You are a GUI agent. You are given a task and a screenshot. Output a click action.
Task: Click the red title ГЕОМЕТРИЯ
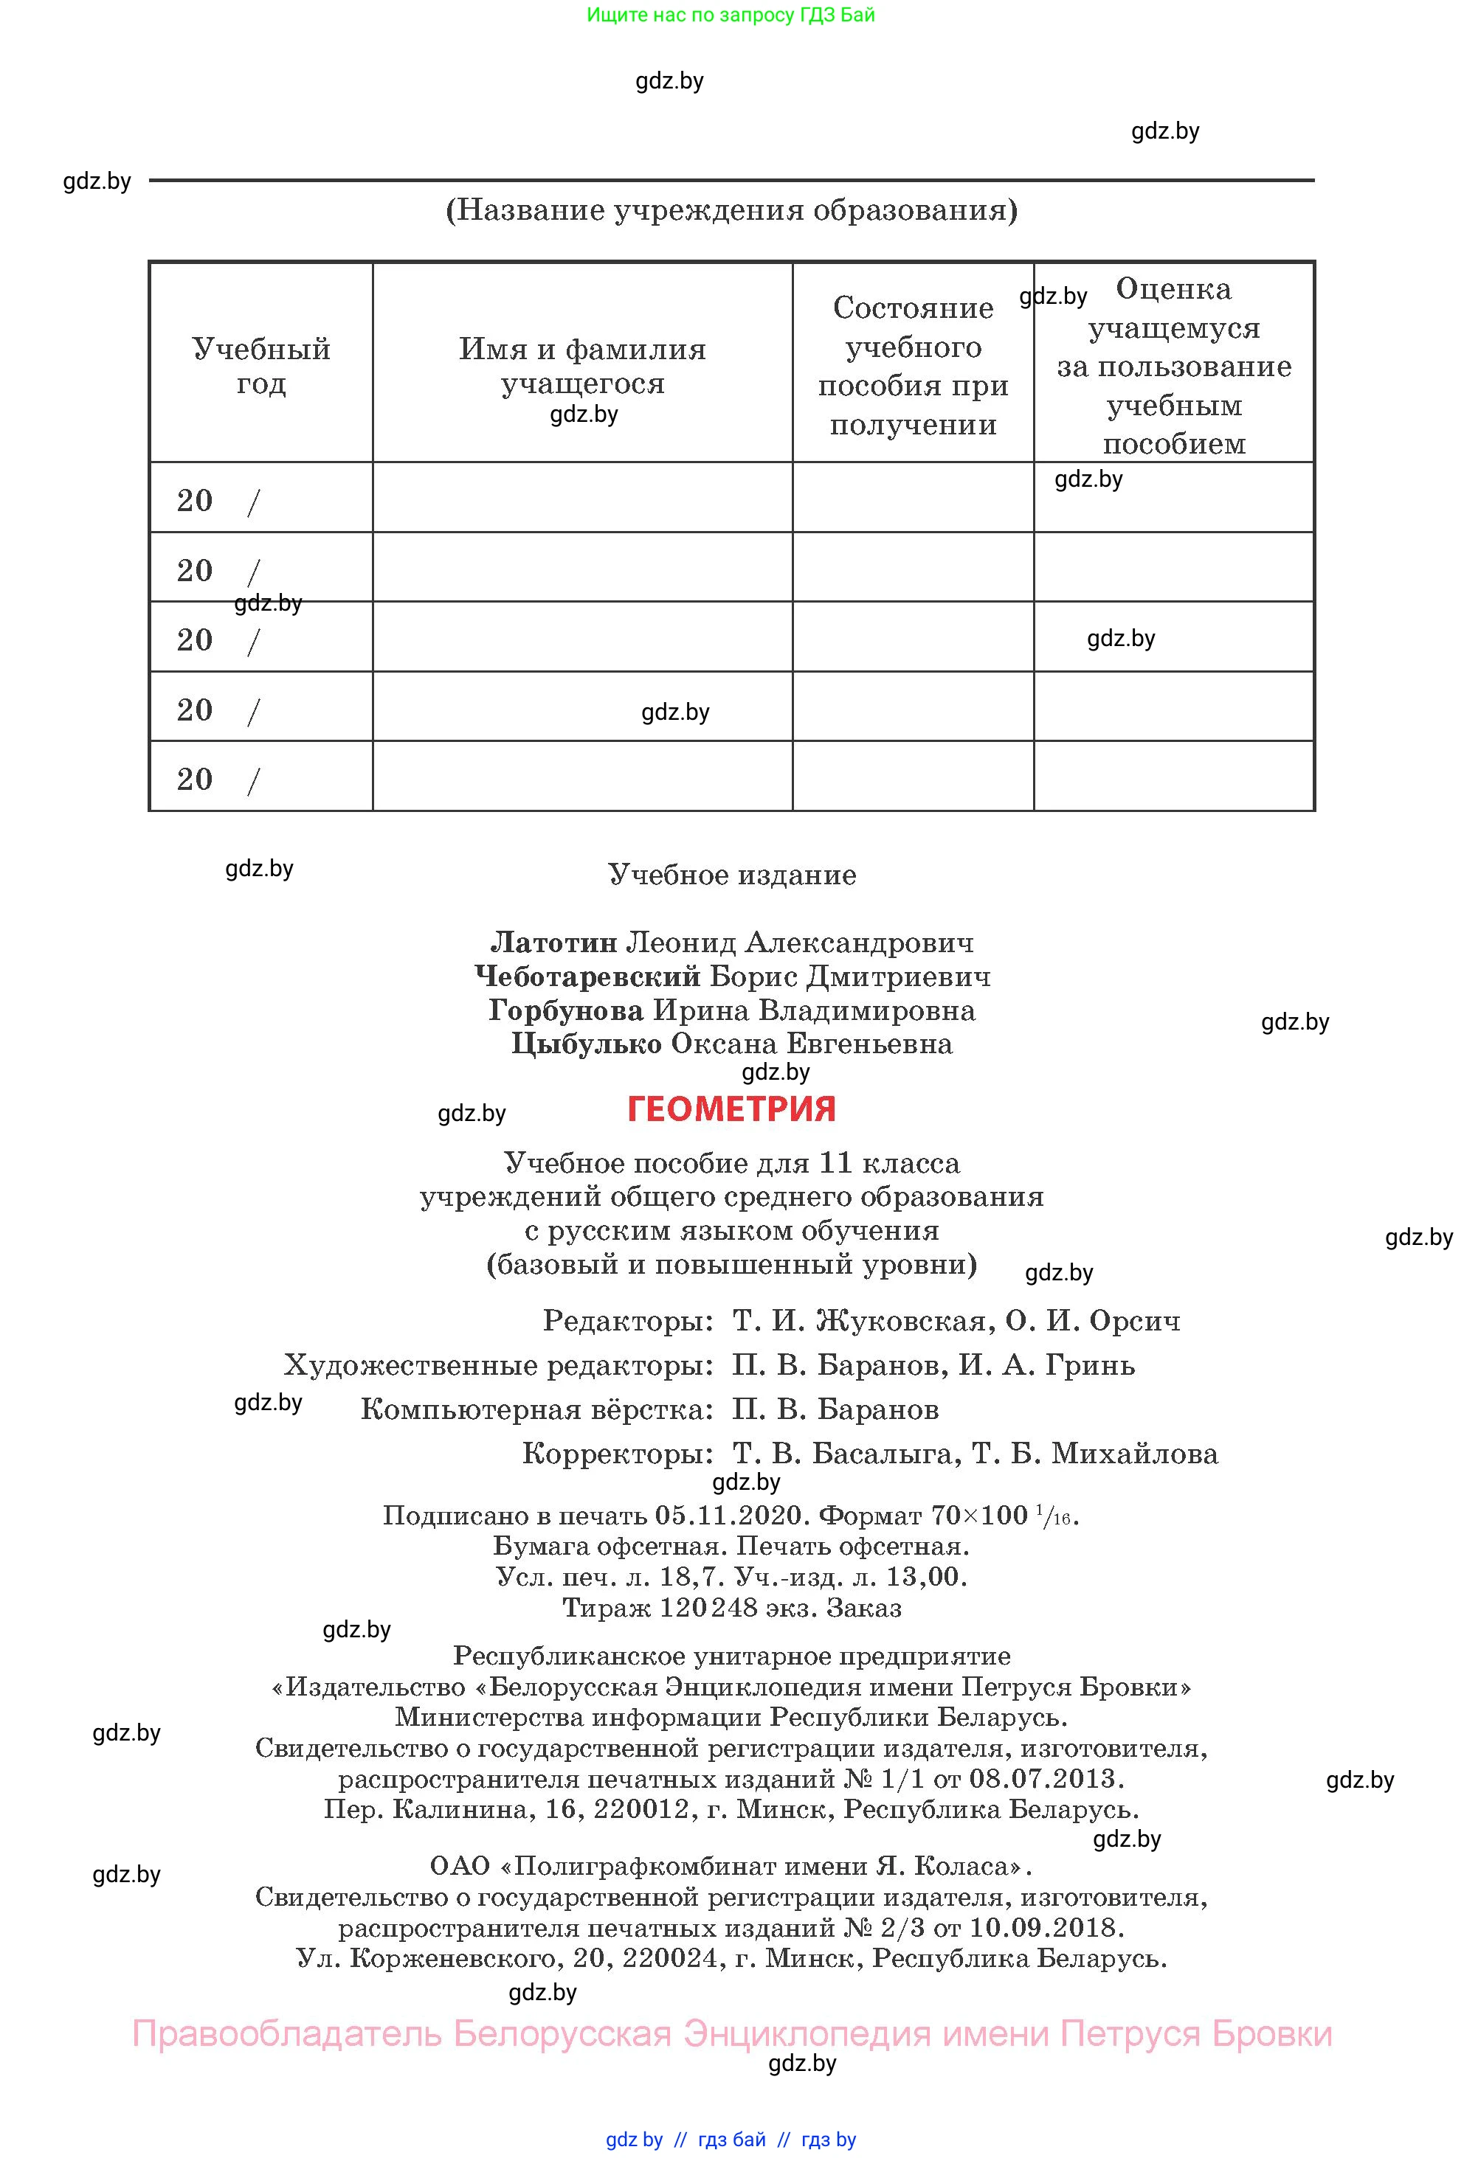pos(731,1109)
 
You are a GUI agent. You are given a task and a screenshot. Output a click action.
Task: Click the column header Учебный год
pos(261,366)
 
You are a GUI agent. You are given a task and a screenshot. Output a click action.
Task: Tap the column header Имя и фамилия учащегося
pos(582,366)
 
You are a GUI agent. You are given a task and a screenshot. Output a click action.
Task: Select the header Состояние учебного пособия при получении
pos(912,366)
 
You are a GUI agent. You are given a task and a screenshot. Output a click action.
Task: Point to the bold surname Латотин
pos(553,943)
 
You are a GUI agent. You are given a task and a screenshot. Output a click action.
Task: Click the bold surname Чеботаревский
pos(587,976)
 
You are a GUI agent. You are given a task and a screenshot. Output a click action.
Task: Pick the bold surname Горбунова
pos(566,1010)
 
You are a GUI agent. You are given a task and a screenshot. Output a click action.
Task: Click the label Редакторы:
pos(628,1320)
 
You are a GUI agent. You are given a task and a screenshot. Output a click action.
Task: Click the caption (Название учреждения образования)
pos(732,210)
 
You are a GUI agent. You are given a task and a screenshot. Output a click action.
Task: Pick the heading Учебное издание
pos(732,875)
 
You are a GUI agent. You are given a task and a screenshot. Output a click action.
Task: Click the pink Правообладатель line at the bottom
pos(732,2033)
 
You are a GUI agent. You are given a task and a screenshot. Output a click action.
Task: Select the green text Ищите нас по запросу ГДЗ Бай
pos(731,15)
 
